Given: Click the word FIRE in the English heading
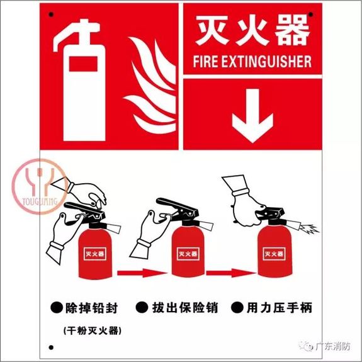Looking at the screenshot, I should tap(206, 62).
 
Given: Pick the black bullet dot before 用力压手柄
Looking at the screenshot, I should tap(237, 308).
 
